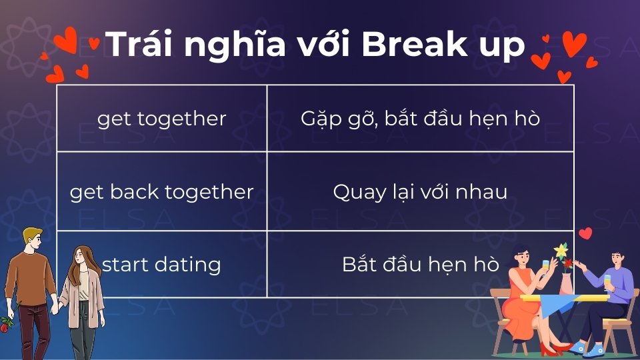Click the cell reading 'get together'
tap(162, 119)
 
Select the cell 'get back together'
tap(162, 192)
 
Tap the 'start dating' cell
tap(162, 265)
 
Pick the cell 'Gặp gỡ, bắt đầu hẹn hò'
tap(420, 119)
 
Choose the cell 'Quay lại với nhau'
tap(420, 192)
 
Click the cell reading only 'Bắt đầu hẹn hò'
tap(420, 265)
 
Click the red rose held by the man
tap(7, 324)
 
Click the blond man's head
tap(31, 239)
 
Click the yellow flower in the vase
tap(561, 251)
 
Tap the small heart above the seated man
tap(585, 233)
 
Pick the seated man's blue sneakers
tap(587, 349)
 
